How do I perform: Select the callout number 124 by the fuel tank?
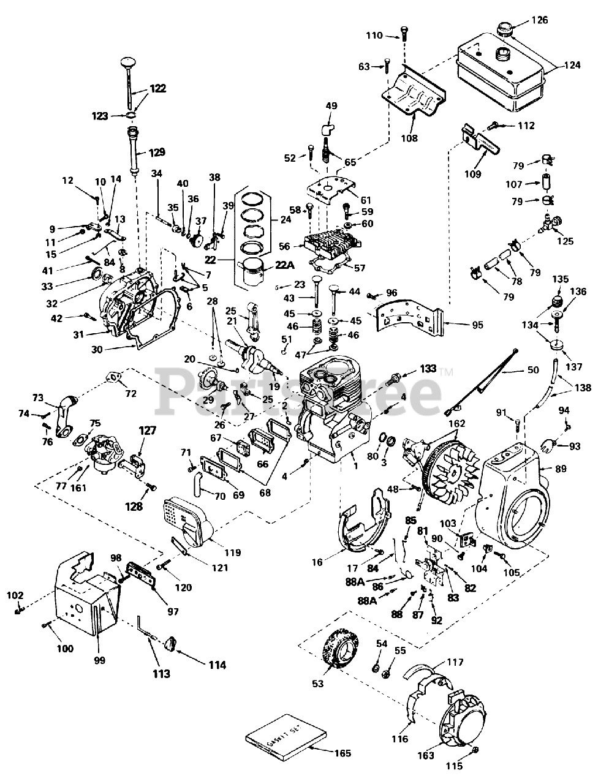coord(572,64)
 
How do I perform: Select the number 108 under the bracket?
coord(410,138)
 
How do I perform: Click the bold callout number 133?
coord(428,369)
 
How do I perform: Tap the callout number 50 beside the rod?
coord(534,371)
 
